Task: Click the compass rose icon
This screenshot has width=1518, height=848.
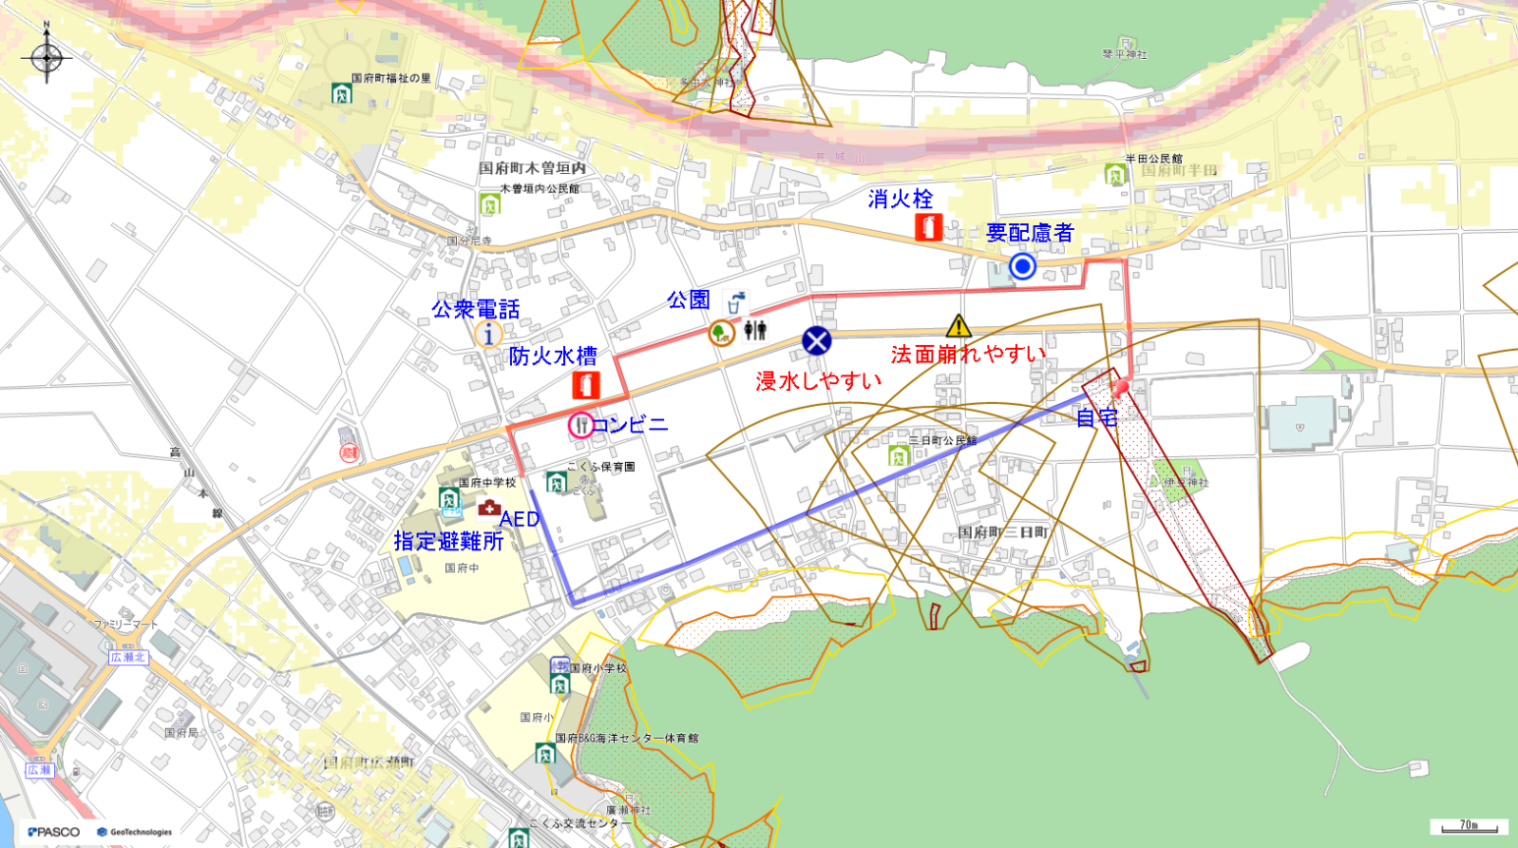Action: tap(46, 58)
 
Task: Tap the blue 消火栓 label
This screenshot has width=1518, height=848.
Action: tap(900, 199)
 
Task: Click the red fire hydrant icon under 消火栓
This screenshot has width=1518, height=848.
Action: tap(928, 227)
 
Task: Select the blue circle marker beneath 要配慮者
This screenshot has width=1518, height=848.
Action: tap(1023, 265)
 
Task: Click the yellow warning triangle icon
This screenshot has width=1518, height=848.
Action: tap(958, 326)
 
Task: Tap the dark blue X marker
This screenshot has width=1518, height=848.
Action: tap(816, 341)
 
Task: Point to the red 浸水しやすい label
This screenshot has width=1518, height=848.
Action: tap(818, 380)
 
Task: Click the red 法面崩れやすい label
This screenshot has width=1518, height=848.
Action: tap(968, 354)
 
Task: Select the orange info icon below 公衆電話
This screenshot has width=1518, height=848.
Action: tap(488, 334)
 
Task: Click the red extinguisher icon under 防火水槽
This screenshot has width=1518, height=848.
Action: tap(586, 384)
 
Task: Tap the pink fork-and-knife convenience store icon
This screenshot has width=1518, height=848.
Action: tap(582, 424)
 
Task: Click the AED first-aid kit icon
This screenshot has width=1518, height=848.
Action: tap(488, 508)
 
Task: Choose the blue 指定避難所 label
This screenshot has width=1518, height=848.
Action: tap(448, 541)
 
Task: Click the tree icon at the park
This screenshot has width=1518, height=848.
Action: tap(721, 332)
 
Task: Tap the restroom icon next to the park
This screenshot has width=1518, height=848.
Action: tap(755, 330)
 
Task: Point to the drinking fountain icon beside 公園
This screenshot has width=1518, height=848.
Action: tap(735, 302)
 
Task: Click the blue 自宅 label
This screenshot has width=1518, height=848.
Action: tap(1096, 418)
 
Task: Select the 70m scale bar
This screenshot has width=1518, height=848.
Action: tap(1469, 826)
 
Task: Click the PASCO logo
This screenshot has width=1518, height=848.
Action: tap(54, 832)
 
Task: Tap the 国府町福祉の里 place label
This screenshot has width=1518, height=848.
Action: tap(392, 79)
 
